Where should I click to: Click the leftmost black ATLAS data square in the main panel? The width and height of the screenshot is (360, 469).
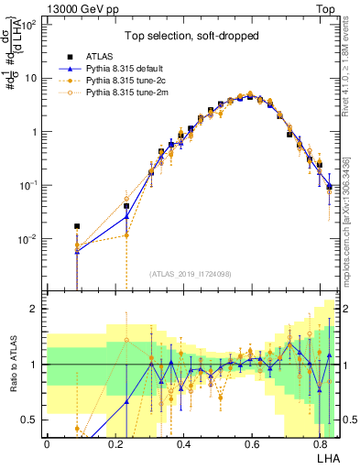click(x=78, y=225)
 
